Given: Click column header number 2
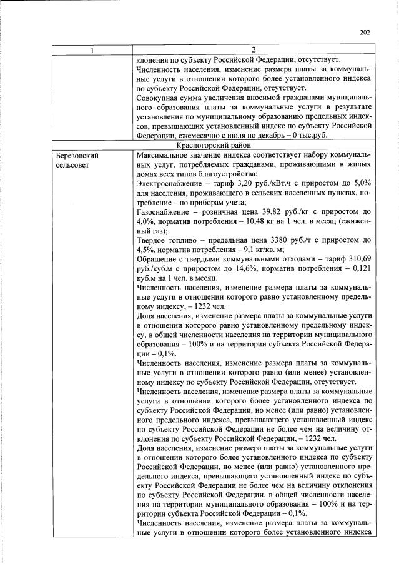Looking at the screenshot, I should click(x=254, y=49).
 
